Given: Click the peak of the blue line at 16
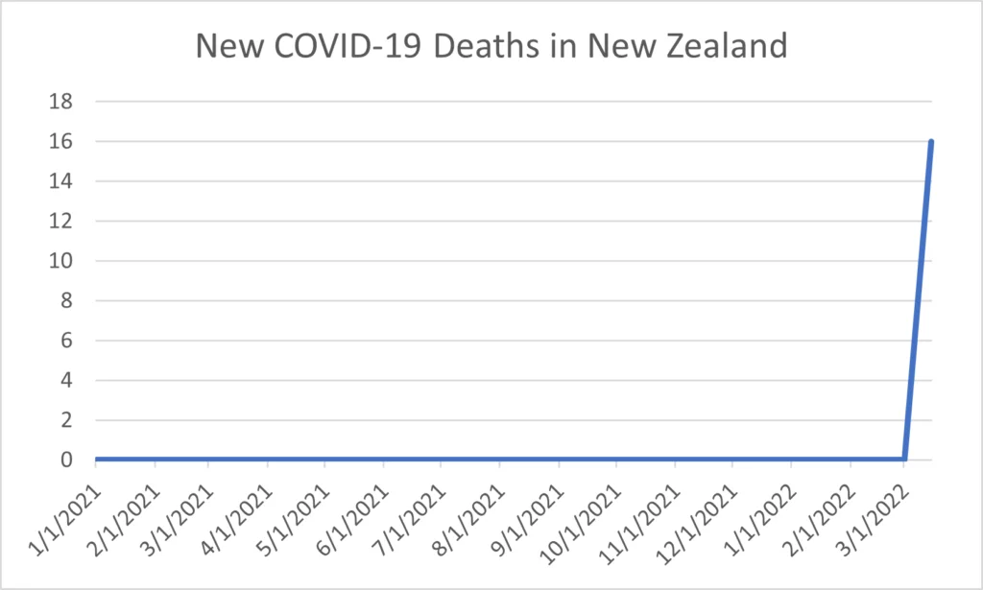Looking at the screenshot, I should pos(930,142).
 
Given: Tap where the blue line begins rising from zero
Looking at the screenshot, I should pos(904,459).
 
